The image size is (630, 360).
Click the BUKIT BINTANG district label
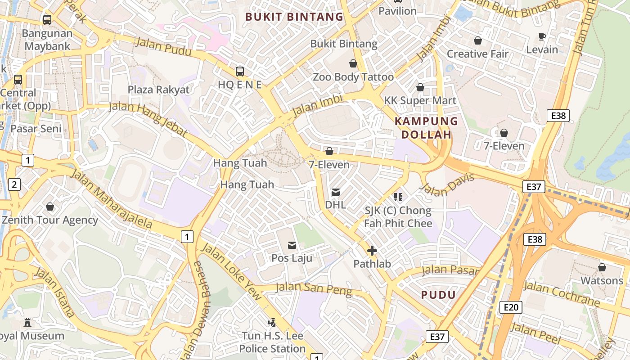click(294, 17)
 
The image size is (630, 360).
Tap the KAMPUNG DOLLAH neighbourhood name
click(426, 128)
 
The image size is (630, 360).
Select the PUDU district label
click(438, 295)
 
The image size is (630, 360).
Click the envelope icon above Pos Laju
click(292, 245)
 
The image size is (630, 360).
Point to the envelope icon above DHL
click(336, 192)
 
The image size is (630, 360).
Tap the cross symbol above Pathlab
click(372, 251)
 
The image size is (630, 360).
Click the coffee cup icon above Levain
click(542, 36)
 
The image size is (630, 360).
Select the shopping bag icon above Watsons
click(602, 268)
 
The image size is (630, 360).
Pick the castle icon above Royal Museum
click(27, 323)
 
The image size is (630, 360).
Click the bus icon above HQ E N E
click(240, 71)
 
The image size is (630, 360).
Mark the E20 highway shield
click(511, 307)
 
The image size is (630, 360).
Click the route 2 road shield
click(14, 184)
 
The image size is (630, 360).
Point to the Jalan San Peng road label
click(314, 289)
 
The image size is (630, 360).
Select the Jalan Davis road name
click(448, 185)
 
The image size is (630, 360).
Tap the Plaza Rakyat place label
click(158, 90)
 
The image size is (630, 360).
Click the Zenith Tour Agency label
click(50, 220)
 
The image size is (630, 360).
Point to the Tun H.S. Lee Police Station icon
click(272, 322)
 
